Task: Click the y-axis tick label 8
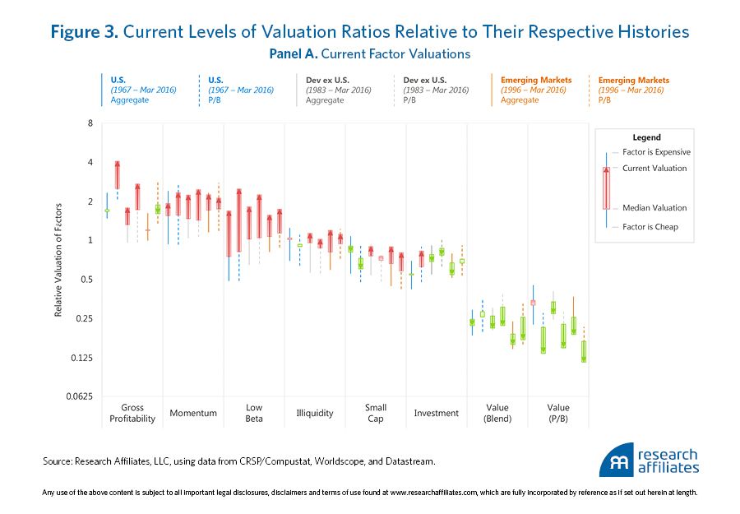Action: point(90,123)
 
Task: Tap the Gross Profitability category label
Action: point(132,413)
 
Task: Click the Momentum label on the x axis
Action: point(192,413)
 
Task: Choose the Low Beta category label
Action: point(254,413)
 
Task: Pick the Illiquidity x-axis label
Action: point(315,413)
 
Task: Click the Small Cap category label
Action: point(376,413)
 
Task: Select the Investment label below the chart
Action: point(436,413)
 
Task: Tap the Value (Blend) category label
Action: point(497,413)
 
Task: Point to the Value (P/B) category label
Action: point(558,413)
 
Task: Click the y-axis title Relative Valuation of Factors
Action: point(59,261)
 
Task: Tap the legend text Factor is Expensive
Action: point(657,152)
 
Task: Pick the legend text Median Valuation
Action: point(654,208)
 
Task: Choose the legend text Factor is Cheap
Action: point(650,227)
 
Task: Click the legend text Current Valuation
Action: point(654,169)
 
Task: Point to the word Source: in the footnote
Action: point(59,462)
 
